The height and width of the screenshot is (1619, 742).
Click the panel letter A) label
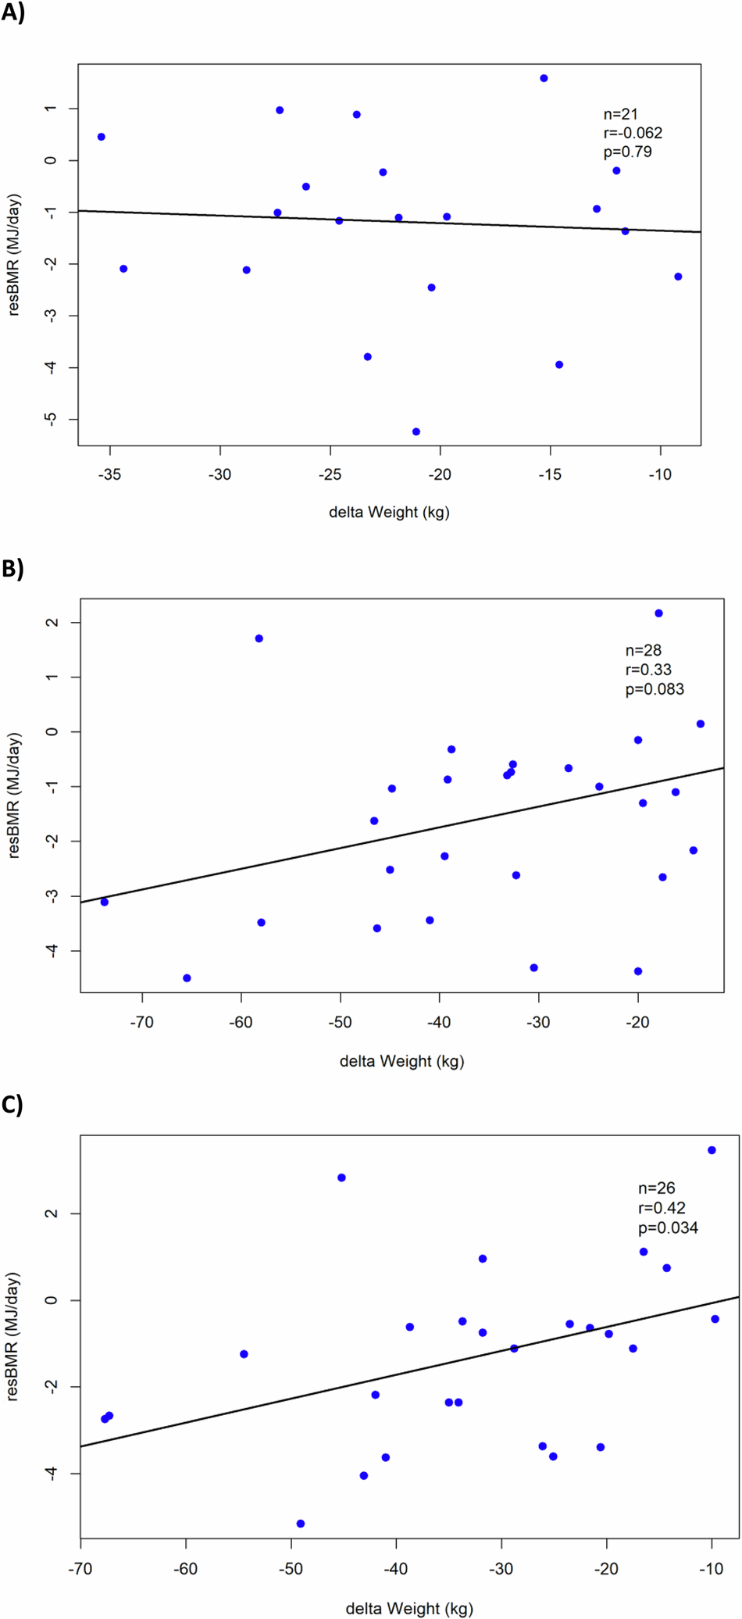pyautogui.click(x=12, y=13)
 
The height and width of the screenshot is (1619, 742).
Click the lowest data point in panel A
pyautogui.click(x=416, y=431)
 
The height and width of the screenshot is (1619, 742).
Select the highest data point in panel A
pyautogui.click(x=544, y=78)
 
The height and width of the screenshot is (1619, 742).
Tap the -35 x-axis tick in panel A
pyautogui.click(x=110, y=475)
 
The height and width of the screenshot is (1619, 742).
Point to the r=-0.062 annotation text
pyautogui.click(x=633, y=133)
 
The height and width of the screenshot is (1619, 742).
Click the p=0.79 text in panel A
pyautogui.click(x=627, y=152)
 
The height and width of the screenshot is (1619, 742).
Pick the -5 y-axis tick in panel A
pyautogui.click(x=52, y=419)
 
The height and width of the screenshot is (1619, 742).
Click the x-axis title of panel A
pyautogui.click(x=389, y=513)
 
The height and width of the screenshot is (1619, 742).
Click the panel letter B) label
pyautogui.click(x=12, y=569)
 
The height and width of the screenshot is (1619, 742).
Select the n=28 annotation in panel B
pyautogui.click(x=644, y=650)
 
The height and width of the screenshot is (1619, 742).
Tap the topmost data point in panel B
pyautogui.click(x=658, y=613)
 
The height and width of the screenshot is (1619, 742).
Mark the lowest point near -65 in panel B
pyautogui.click(x=187, y=978)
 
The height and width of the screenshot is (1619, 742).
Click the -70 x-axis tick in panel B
pyautogui.click(x=142, y=1022)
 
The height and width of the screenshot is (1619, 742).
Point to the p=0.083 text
pyautogui.click(x=655, y=689)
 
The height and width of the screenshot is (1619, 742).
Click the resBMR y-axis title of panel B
pyautogui.click(x=14, y=795)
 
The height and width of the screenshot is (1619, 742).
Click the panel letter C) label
pyautogui.click(x=12, y=1105)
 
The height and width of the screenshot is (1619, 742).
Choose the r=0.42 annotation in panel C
pyautogui.click(x=662, y=1208)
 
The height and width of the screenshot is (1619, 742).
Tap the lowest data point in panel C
pyautogui.click(x=301, y=1524)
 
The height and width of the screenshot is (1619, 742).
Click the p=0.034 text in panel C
pyautogui.click(x=668, y=1228)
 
